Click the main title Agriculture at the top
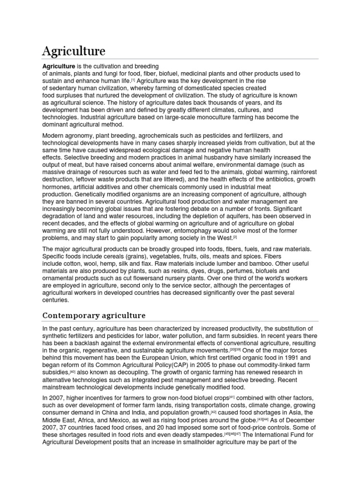(x=74, y=51)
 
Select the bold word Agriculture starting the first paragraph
(x=59, y=66)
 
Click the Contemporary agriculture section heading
(x=94, y=315)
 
